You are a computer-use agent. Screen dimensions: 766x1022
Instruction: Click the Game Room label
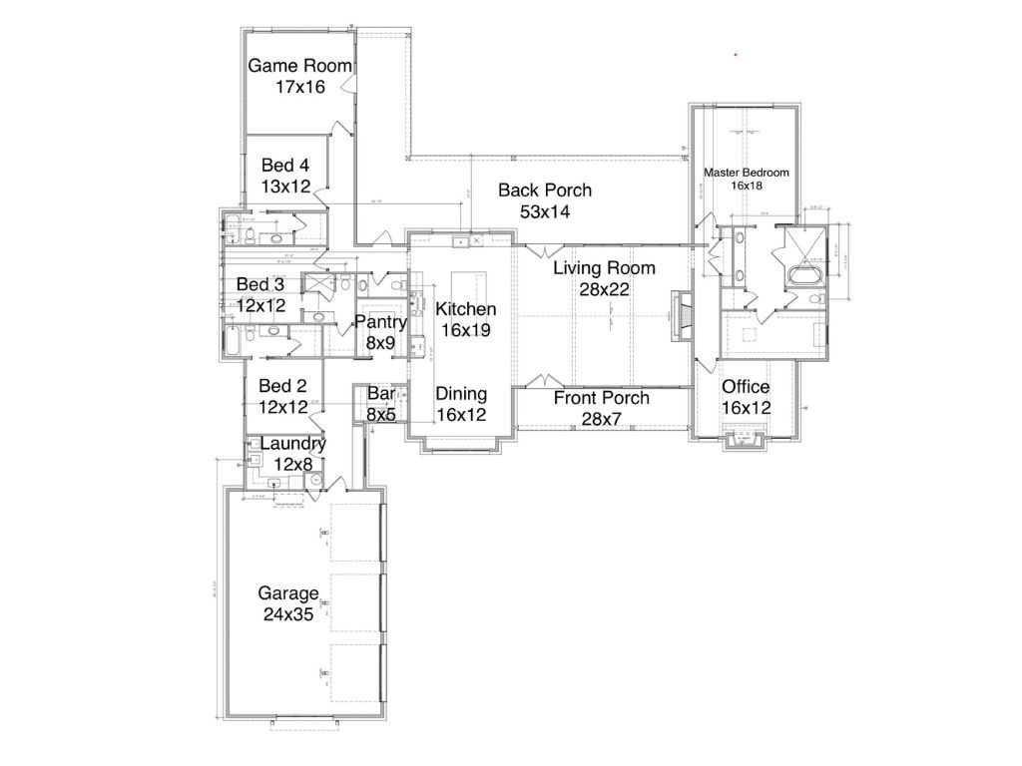[x=299, y=66]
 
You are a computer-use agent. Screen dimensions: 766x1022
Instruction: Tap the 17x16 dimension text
[x=299, y=87]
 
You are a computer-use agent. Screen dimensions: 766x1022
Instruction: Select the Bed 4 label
[x=285, y=165]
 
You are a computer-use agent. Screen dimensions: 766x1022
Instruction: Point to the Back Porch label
[x=545, y=190]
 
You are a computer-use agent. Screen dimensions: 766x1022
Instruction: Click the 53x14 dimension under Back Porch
[x=545, y=210]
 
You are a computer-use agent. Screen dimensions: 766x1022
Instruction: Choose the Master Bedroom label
[x=747, y=173]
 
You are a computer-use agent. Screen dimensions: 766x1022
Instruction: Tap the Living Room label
[x=604, y=267]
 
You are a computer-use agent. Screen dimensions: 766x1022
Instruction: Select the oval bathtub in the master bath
[x=804, y=273]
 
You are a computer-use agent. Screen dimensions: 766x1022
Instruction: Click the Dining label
[x=461, y=393]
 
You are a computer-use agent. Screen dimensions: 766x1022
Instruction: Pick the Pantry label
[x=380, y=322]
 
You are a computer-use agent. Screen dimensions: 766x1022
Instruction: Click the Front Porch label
[x=601, y=398]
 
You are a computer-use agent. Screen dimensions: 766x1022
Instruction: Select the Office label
[x=746, y=387]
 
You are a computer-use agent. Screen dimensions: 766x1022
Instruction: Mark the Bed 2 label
[x=282, y=386]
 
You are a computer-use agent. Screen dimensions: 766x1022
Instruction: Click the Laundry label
[x=292, y=443]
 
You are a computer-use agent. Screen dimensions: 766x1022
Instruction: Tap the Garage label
[x=288, y=593]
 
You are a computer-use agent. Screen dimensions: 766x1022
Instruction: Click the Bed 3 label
[x=260, y=285]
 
